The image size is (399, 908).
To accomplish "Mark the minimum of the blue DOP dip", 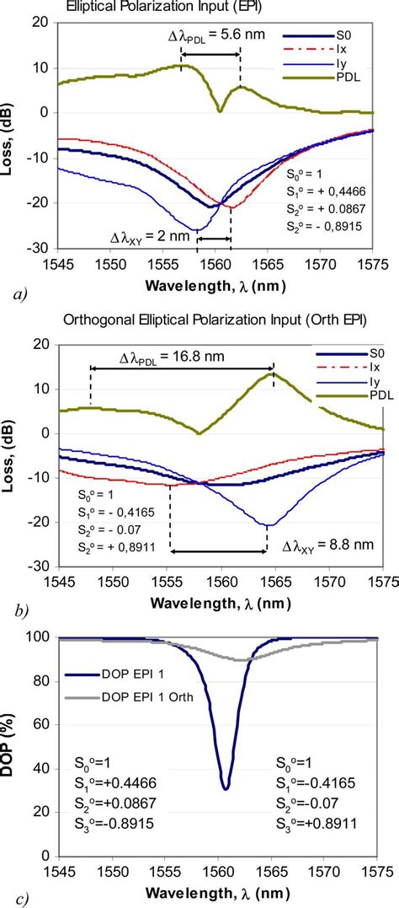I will [225, 787].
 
